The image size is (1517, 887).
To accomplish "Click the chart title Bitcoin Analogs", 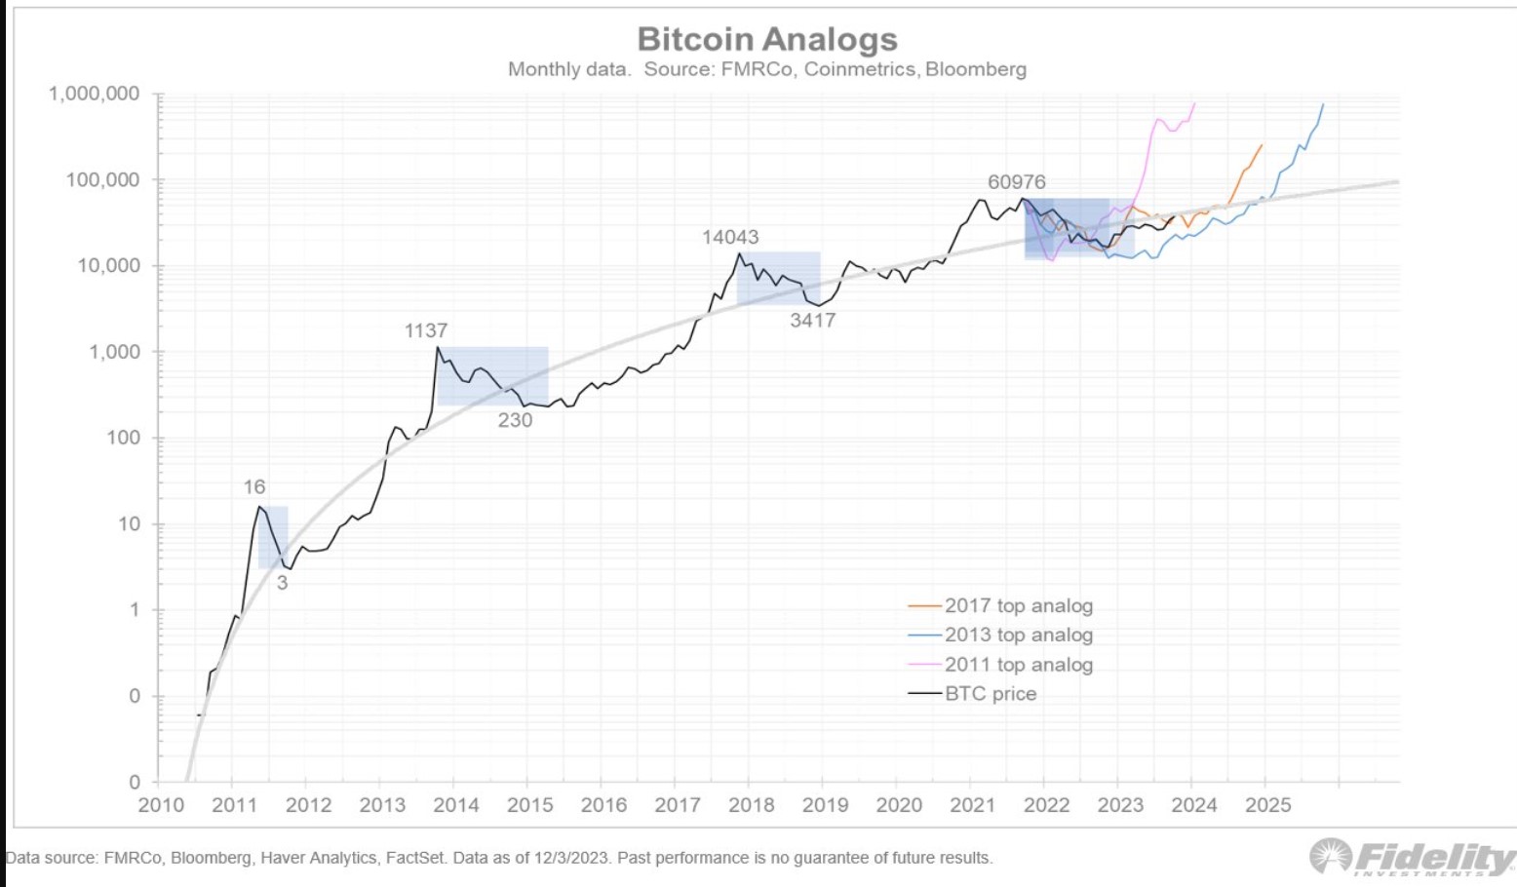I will coord(767,39).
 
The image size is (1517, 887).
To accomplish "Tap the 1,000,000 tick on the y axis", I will coord(95,94).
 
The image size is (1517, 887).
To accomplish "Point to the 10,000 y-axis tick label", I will coord(108,265).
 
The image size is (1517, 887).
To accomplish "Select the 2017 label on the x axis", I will coord(677,805).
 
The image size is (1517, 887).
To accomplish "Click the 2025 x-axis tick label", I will coord(1267,805).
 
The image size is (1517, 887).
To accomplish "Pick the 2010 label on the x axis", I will coord(161,805).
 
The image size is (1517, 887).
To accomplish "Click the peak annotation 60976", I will coord(1016,182).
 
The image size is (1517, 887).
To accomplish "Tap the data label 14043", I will coord(730,237).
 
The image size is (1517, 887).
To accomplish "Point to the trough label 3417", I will coord(812,321).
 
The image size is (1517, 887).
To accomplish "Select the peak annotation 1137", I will coord(426,331).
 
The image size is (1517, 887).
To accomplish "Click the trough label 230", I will coord(515,420).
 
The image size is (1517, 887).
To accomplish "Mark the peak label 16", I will coord(253,486).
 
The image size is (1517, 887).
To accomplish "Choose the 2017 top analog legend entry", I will coord(1018,605).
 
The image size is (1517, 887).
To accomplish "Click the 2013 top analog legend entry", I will coord(1018,635).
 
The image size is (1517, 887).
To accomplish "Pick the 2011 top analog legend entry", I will coord(1018,665).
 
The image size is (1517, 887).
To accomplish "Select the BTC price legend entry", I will coord(990,694).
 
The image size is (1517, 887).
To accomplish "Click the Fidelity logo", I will coord(1412,857).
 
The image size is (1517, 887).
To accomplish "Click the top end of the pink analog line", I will coord(1194,103).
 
